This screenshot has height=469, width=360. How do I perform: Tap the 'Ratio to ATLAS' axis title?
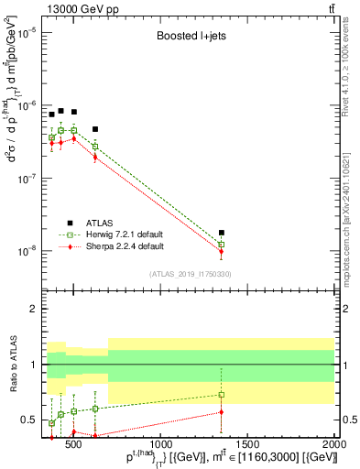11,365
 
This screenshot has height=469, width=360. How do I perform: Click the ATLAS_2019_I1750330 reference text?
191,273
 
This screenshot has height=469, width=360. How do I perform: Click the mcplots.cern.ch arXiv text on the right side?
352,206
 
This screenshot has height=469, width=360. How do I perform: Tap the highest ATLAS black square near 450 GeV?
60,111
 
